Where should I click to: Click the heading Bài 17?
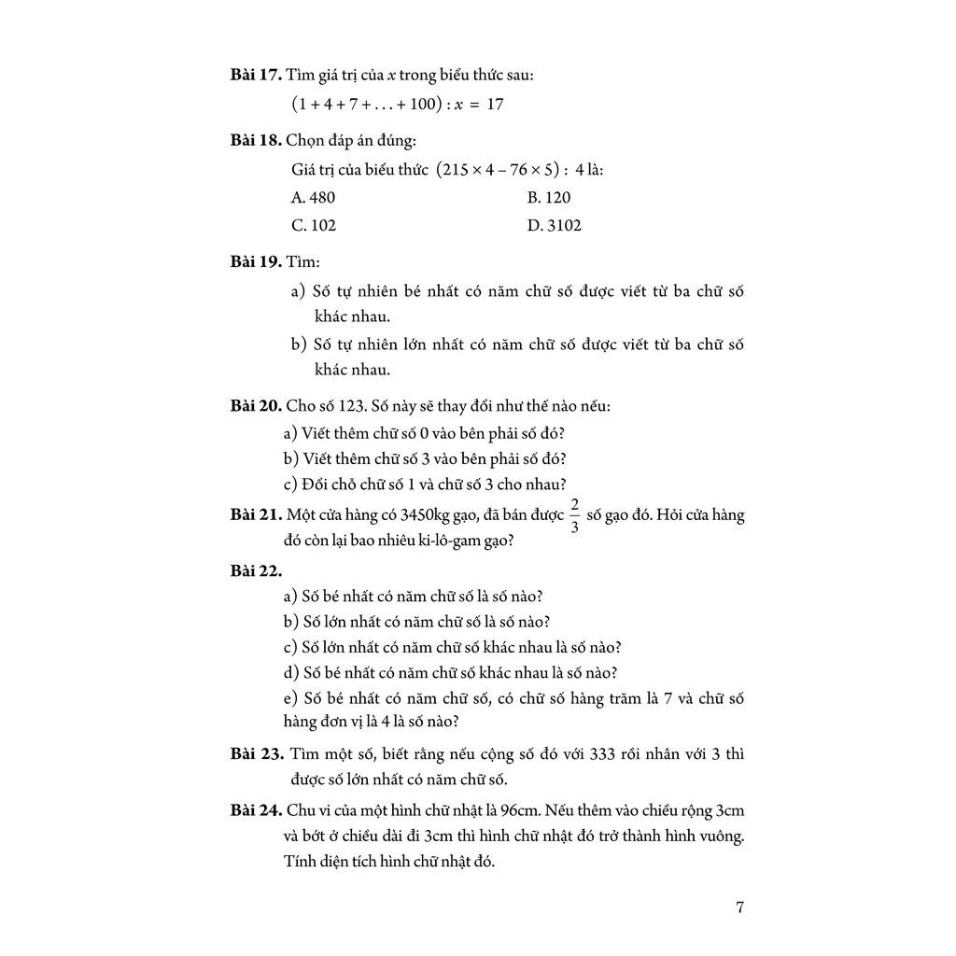256,75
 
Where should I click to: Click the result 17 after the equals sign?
495,104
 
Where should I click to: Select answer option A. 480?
313,197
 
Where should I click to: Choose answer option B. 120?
549,197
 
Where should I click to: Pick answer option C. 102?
314,225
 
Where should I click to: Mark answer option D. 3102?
554,225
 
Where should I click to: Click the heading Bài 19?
256,261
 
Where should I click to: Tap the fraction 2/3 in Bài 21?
574,514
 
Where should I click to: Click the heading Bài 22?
256,570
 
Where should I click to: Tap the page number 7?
739,907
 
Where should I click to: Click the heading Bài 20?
256,407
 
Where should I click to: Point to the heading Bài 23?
256,753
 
